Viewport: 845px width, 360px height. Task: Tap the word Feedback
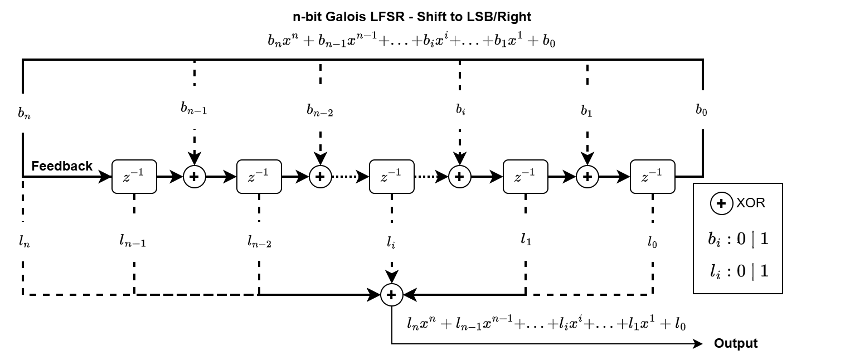click(62, 166)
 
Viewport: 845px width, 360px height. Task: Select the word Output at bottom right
click(736, 343)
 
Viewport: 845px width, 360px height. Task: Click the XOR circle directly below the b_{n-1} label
click(195, 177)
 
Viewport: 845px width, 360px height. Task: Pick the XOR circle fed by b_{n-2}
click(320, 177)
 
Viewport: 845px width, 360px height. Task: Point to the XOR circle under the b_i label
click(459, 177)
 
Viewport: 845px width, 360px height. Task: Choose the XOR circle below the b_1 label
click(586, 177)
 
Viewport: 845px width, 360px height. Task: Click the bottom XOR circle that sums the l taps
click(391, 295)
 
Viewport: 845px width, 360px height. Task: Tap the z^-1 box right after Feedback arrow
click(134, 177)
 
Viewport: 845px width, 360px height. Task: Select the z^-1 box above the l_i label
click(392, 177)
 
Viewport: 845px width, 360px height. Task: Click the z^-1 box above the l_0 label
click(652, 177)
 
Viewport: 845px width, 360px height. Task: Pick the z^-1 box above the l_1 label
click(525, 177)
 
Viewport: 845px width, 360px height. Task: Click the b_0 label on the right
click(701, 110)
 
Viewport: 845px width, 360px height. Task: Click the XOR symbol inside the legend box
click(721, 204)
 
